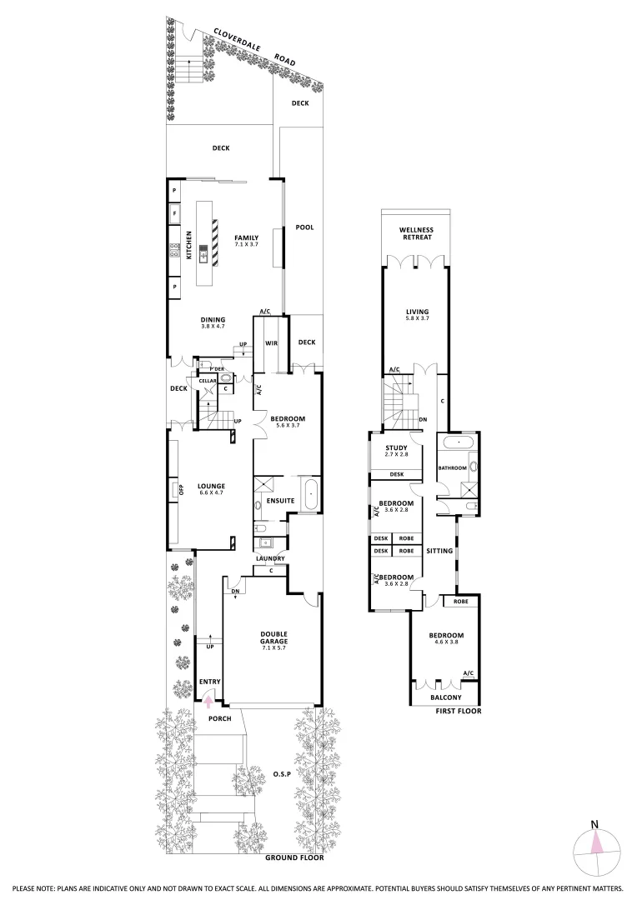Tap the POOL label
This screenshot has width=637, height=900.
tap(304, 227)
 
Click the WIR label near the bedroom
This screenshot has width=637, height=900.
tap(270, 342)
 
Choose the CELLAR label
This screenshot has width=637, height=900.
tap(208, 381)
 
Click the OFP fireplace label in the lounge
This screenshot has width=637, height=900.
tap(179, 489)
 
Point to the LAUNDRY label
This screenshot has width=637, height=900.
tap(271, 558)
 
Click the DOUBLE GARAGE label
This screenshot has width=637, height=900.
tap(274, 637)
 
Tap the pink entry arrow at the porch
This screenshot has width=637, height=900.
tap(208, 701)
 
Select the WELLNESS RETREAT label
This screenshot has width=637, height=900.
tap(415, 233)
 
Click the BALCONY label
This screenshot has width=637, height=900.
tap(446, 697)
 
